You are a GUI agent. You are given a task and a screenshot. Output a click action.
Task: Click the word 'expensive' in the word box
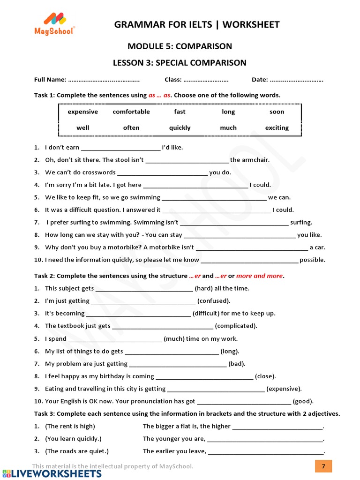point(82,112)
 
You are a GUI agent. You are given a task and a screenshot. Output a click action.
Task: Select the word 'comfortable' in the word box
point(131,112)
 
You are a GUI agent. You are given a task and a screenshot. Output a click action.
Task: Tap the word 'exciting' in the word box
point(277,128)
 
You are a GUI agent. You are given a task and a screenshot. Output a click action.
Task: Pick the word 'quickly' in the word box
point(180,128)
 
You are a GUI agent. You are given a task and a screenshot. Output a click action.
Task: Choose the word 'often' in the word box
point(131,128)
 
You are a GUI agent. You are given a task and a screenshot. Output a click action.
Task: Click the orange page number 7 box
point(323,466)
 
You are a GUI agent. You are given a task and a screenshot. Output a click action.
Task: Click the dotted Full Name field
point(104,80)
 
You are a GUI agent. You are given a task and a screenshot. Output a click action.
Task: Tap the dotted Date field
point(297,80)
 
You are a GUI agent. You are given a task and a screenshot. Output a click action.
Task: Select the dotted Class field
point(206,80)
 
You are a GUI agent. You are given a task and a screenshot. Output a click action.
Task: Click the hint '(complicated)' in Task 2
point(236,326)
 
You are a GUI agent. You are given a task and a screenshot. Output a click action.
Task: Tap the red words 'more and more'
point(260,276)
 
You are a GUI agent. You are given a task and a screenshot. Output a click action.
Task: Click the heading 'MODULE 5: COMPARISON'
point(180,46)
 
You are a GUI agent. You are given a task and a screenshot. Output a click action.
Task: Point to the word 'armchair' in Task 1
point(256,160)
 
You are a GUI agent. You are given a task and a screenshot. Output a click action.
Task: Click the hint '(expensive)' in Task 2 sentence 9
point(284,389)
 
